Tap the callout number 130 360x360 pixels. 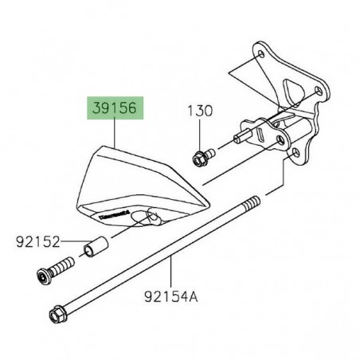(x=201, y=111)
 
